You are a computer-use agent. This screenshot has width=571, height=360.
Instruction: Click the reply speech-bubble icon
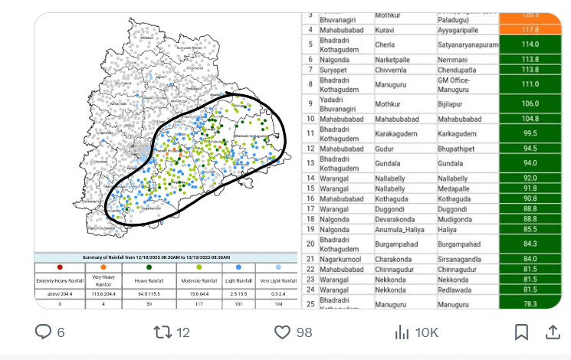[x=44, y=332]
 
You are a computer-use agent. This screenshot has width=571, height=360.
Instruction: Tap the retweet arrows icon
[x=162, y=332]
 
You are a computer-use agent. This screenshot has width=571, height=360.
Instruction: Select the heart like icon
[x=283, y=332]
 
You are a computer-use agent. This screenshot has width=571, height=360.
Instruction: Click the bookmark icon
[x=521, y=332]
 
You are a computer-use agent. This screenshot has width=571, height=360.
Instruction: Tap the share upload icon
[x=552, y=332]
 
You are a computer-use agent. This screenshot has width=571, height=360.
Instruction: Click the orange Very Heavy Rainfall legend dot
[x=103, y=267]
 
